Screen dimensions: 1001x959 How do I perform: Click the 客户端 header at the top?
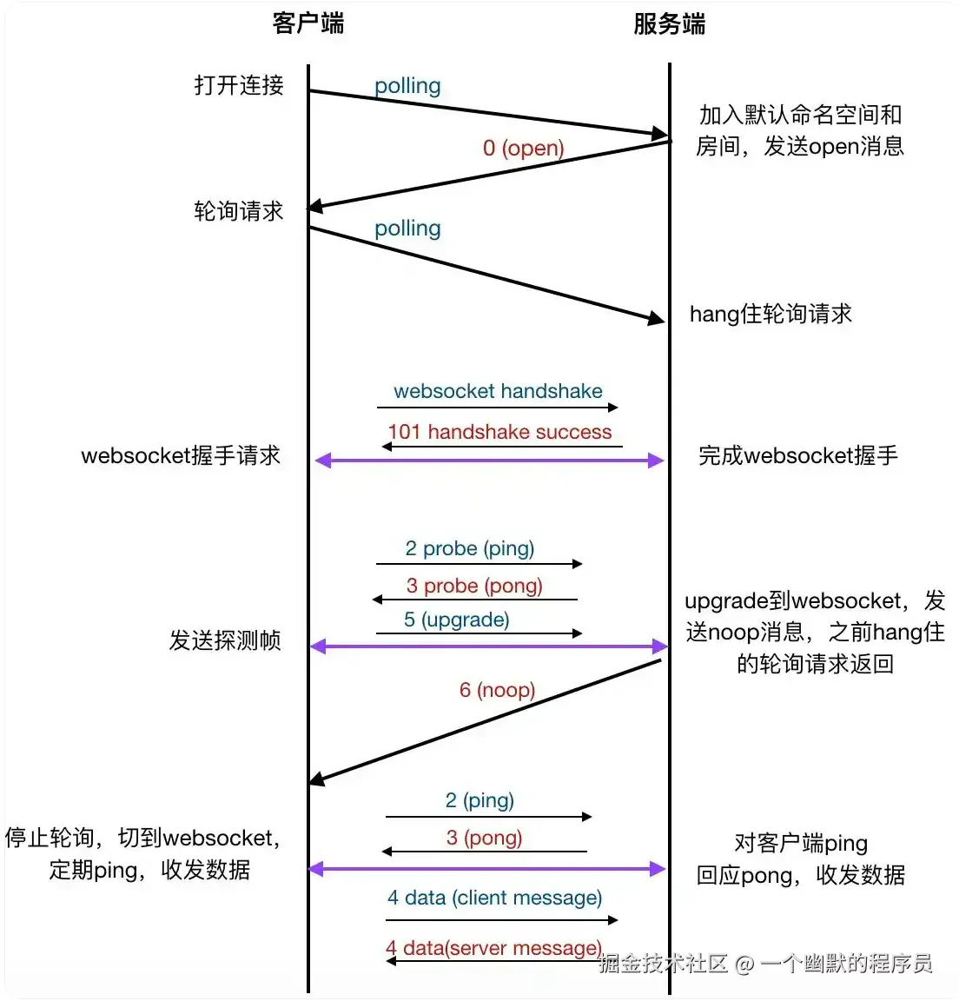[308, 23]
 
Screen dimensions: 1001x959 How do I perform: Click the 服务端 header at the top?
[669, 23]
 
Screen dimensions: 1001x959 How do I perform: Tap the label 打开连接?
[239, 85]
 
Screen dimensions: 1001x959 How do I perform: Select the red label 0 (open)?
[524, 148]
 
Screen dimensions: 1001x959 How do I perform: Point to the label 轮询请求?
[239, 211]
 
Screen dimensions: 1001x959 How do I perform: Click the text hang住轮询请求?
[771, 314]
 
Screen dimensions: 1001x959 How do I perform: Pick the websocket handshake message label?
[498, 391]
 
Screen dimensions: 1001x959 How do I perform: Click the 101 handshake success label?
[499, 432]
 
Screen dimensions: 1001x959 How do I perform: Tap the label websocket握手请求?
[181, 455]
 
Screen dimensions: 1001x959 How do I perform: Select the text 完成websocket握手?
[797, 455]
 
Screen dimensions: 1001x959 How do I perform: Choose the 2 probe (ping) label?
[470, 548]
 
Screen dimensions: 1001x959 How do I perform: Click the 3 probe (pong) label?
[474, 586]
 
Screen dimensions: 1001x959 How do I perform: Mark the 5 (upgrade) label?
[457, 620]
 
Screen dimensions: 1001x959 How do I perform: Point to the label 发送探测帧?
[225, 640]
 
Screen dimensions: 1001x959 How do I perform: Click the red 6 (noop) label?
[497, 690]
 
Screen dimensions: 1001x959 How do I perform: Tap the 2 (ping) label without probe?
[479, 800]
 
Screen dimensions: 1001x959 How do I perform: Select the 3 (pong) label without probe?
[484, 838]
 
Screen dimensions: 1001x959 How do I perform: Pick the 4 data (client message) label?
[494, 898]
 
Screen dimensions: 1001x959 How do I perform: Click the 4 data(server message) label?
[493, 948]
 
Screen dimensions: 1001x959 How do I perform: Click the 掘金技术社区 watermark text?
[663, 963]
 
